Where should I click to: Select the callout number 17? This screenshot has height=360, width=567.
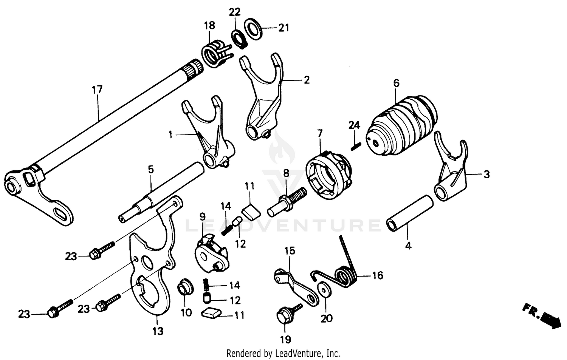(97, 90)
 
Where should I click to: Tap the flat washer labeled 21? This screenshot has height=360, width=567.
(253, 28)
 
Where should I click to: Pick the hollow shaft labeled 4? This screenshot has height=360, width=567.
(409, 213)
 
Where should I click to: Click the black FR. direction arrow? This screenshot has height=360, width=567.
(551, 319)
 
